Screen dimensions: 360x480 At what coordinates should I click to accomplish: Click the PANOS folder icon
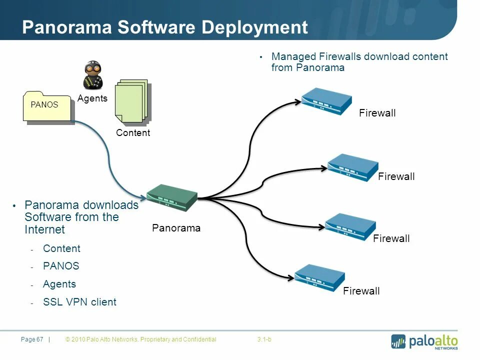coord(48,106)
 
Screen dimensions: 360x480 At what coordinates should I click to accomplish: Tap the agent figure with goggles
coord(92,75)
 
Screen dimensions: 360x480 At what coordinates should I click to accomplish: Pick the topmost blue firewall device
coord(326,101)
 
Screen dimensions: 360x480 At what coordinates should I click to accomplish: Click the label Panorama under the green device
coord(176,228)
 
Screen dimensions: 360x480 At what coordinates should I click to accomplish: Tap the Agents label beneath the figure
coord(92,98)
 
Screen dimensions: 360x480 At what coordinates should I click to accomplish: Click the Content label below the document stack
coord(133,133)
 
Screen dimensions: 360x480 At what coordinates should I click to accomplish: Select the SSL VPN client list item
coord(79,302)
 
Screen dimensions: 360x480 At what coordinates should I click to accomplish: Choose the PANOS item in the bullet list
coord(61,266)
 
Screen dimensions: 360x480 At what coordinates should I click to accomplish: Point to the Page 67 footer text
coord(32,340)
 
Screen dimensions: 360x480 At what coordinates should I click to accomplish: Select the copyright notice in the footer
coord(141,340)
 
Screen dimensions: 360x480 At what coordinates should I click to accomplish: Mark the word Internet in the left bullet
coord(45,229)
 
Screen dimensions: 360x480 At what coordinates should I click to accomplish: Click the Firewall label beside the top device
coord(377,113)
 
